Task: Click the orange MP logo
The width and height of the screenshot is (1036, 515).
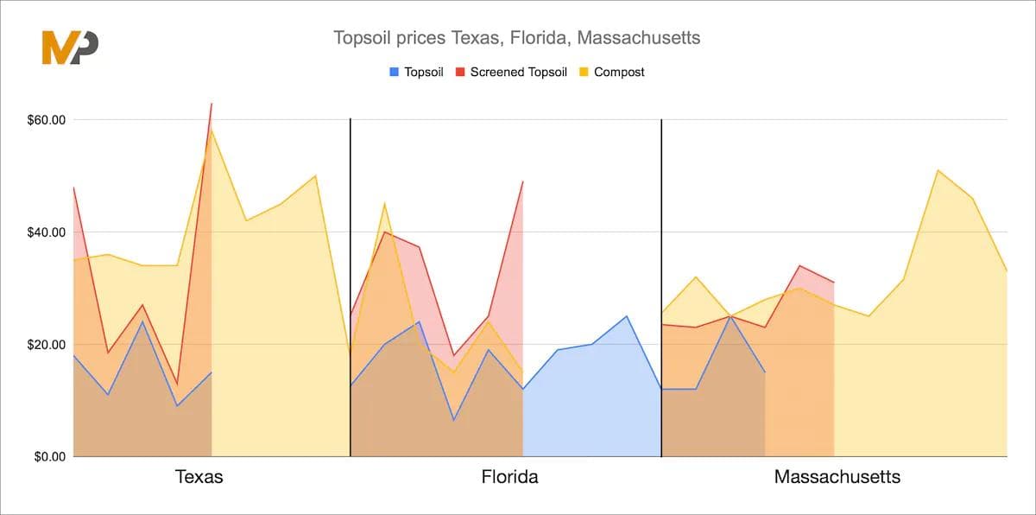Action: [x=70, y=47]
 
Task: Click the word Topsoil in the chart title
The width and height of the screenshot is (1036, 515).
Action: [x=358, y=38]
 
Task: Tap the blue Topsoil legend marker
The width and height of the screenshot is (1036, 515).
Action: [x=395, y=73]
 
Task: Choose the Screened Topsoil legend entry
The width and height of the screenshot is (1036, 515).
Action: [x=517, y=73]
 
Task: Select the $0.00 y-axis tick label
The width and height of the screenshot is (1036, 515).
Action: [x=47, y=457]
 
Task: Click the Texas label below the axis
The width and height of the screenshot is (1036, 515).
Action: [x=199, y=477]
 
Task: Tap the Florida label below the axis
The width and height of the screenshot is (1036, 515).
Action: [x=509, y=477]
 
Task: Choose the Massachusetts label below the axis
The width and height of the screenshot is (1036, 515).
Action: [x=837, y=477]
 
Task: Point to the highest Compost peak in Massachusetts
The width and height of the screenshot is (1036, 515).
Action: [x=938, y=170]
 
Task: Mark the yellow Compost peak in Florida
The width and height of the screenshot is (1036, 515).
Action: [x=384, y=204]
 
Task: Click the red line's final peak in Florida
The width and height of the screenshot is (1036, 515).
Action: [x=522, y=181]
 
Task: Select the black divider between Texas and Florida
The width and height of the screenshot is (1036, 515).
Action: [x=351, y=285]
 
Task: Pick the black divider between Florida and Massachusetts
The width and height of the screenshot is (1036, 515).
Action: [x=661, y=285]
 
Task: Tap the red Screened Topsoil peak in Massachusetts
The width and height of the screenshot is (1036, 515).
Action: [x=800, y=266]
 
